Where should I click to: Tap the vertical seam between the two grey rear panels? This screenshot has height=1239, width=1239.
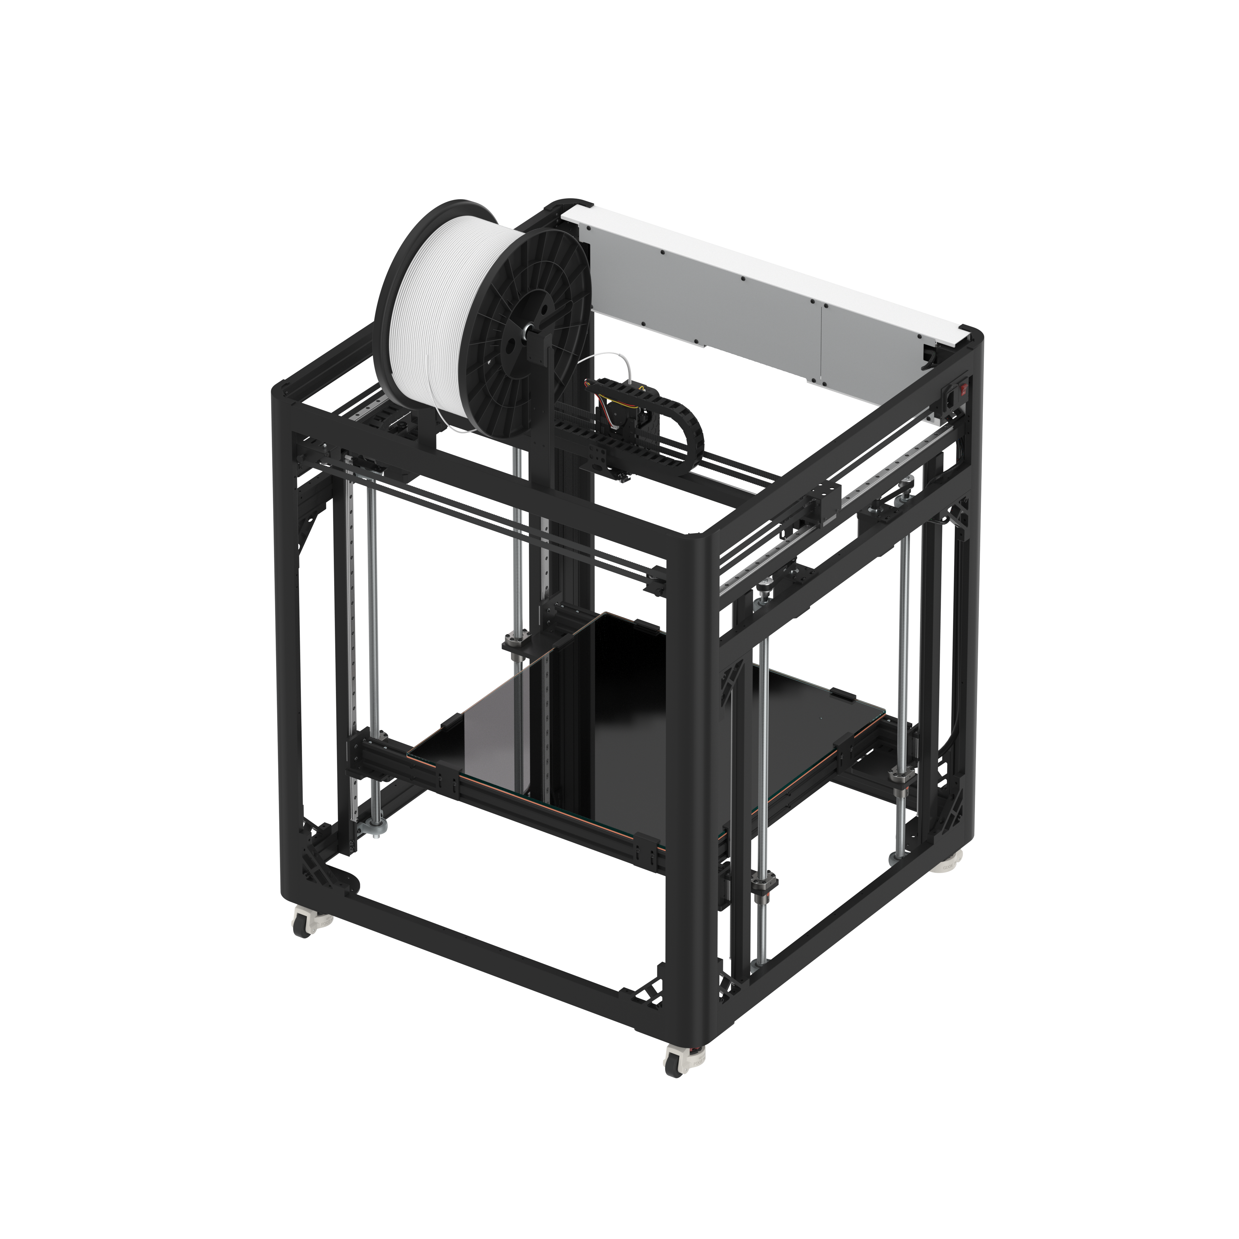point(823,343)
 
